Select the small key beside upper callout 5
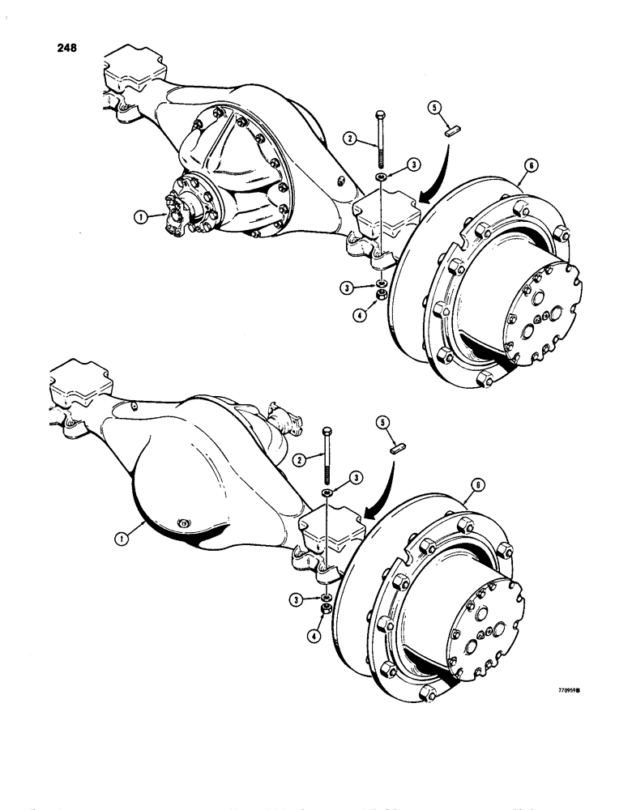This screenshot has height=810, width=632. [x=454, y=128]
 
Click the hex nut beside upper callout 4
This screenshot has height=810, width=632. [x=378, y=300]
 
